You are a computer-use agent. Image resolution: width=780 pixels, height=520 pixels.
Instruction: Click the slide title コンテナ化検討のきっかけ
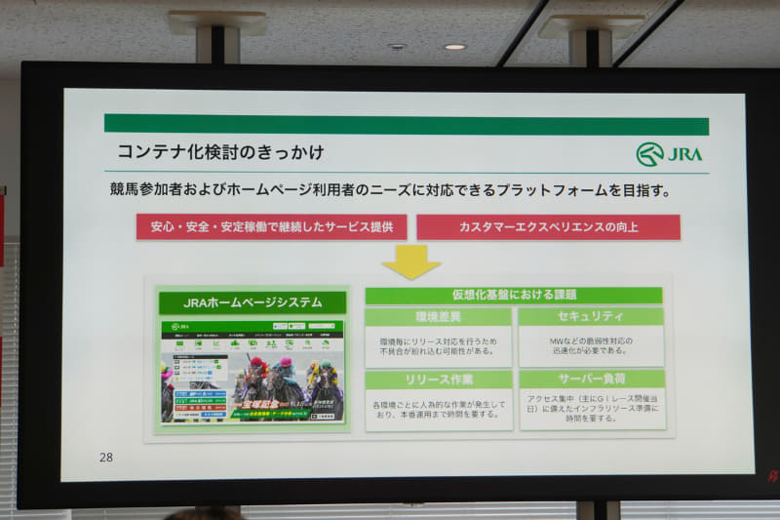click(x=220, y=152)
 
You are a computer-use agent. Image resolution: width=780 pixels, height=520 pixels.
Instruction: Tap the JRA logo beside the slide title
click(x=669, y=154)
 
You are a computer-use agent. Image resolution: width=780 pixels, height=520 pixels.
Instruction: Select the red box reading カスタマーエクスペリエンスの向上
click(x=548, y=227)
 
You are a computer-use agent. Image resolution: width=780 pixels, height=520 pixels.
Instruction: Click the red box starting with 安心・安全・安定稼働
click(x=271, y=227)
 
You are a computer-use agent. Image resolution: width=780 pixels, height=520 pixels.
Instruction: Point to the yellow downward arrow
click(x=410, y=260)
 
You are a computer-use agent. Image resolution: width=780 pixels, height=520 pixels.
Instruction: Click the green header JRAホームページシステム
click(x=253, y=302)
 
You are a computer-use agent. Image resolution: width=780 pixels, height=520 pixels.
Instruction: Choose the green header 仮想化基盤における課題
click(x=514, y=295)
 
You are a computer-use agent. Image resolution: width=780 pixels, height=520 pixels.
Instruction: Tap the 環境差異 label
click(x=438, y=317)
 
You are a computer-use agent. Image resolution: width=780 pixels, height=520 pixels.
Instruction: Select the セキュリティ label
click(x=591, y=317)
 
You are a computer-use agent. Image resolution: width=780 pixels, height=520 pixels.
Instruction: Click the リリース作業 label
click(x=438, y=380)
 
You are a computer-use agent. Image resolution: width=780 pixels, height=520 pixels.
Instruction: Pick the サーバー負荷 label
click(x=592, y=379)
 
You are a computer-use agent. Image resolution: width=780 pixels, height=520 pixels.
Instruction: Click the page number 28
click(x=106, y=457)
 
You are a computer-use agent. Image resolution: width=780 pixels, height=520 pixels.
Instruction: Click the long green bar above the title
click(x=406, y=125)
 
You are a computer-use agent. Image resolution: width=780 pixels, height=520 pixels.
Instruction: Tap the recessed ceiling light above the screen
click(x=453, y=46)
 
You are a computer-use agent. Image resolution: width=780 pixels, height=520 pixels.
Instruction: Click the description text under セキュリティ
click(x=590, y=345)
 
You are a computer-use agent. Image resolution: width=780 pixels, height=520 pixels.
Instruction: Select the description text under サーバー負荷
click(x=592, y=408)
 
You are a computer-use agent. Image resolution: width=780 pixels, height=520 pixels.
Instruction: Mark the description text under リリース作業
click(x=439, y=409)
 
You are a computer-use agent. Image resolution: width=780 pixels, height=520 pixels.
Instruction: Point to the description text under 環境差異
click(x=438, y=346)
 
